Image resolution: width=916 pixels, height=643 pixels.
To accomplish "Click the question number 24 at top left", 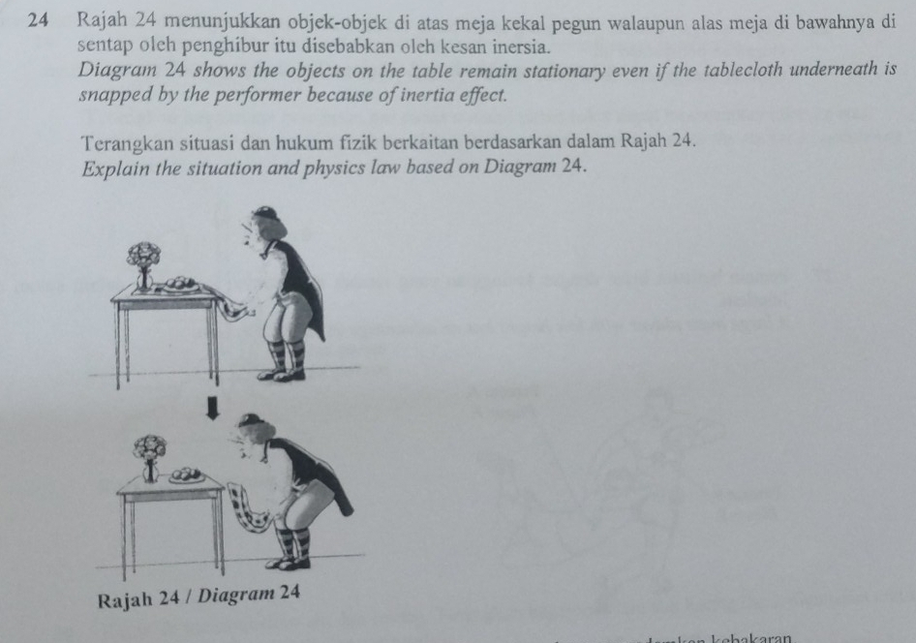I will point(39,19).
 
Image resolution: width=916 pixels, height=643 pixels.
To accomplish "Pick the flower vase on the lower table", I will point(150,457).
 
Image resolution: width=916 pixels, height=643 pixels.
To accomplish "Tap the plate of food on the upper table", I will point(179,285).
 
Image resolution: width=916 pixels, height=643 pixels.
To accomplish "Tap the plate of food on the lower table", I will point(186,476).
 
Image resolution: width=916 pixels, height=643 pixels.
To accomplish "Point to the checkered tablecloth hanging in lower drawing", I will point(251,509).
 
